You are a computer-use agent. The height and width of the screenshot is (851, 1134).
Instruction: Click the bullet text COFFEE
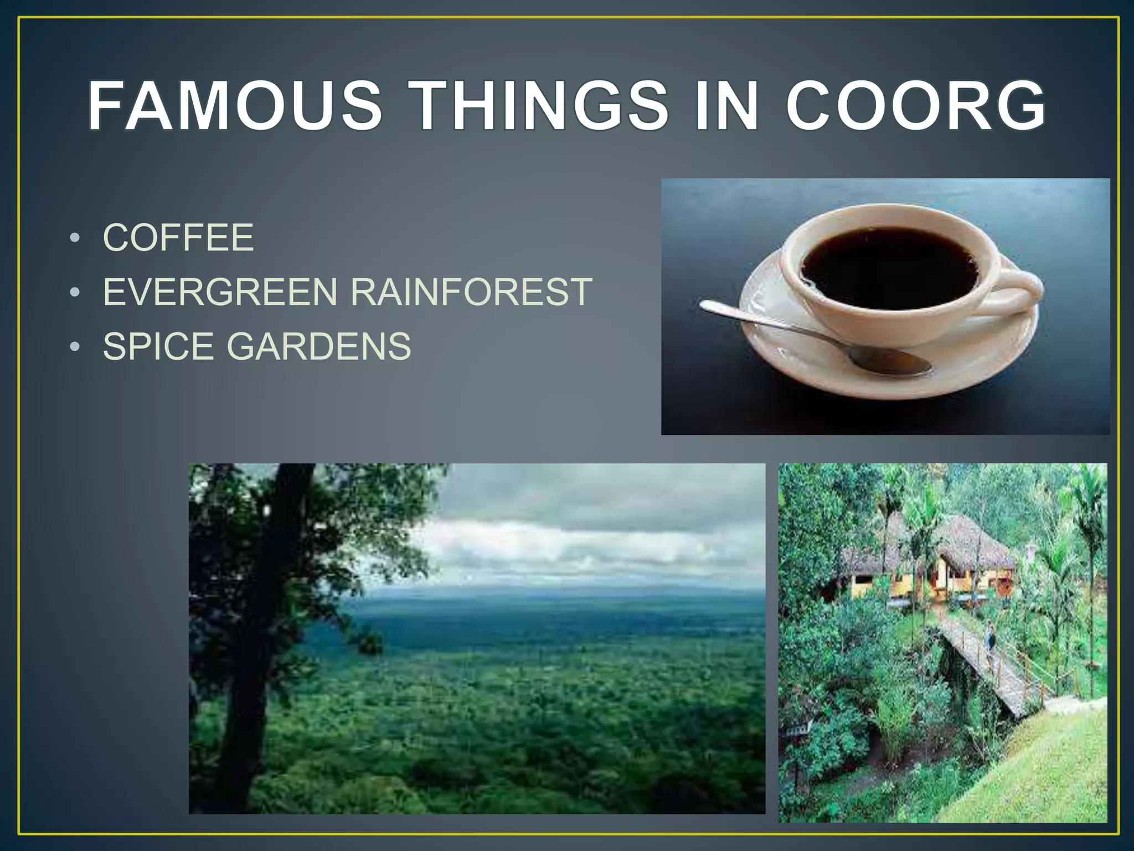tap(178, 238)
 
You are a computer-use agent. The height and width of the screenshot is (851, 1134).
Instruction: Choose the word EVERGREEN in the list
tap(220, 292)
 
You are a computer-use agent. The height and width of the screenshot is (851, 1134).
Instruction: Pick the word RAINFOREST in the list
tap(471, 292)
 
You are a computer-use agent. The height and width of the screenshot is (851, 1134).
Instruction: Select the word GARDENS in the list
tap(319, 346)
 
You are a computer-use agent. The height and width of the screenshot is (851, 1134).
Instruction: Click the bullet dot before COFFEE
tap(75, 239)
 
